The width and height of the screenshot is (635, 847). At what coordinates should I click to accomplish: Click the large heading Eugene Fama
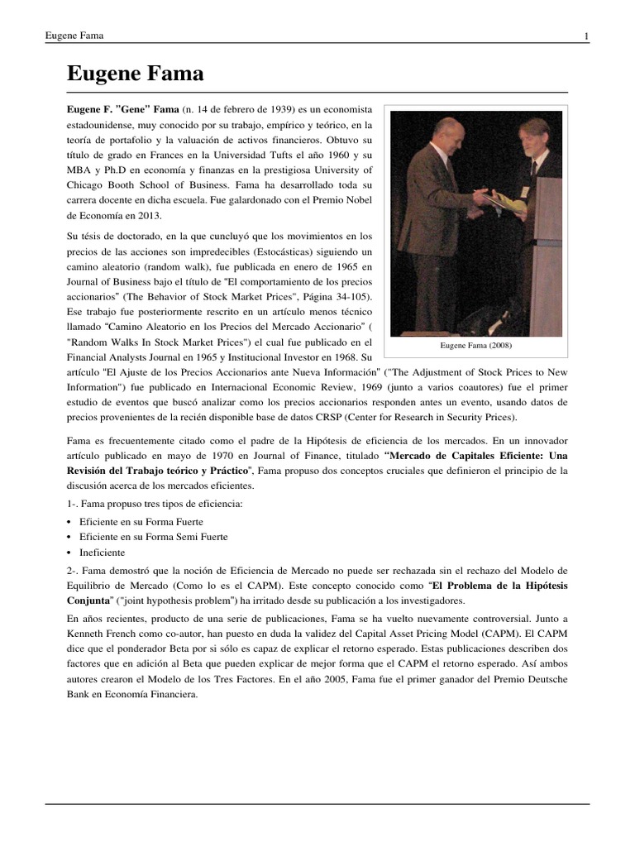(135, 74)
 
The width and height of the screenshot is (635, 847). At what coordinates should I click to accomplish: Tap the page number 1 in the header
(586, 36)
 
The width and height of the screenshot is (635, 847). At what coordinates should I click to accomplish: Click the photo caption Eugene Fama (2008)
(475, 345)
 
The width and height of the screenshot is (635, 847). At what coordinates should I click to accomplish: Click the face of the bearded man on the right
(536, 134)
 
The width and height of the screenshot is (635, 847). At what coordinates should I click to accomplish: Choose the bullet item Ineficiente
(103, 552)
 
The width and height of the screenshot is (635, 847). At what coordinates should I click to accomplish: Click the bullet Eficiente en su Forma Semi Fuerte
(154, 537)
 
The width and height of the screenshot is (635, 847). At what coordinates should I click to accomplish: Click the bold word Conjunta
(88, 601)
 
